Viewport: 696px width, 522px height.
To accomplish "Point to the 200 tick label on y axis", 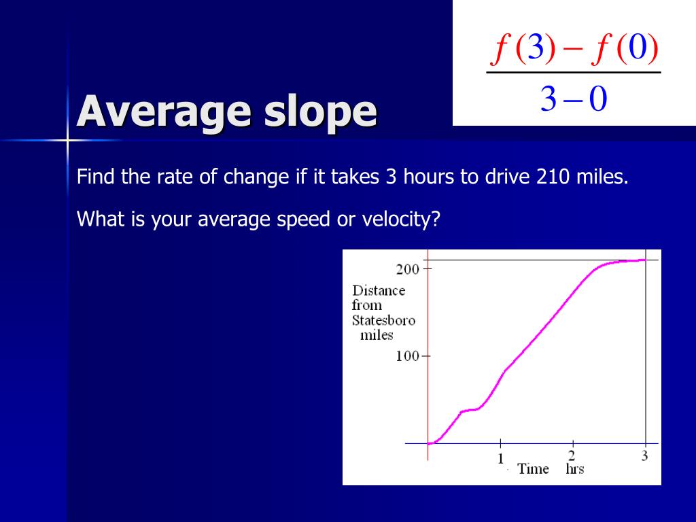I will point(408,269).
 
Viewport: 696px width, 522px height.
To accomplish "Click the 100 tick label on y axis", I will point(408,356).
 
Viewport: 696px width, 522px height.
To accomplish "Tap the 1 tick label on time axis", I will point(501,458).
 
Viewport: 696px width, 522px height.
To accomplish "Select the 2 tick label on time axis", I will point(572,456).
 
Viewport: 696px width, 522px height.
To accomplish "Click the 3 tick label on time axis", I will point(644,456).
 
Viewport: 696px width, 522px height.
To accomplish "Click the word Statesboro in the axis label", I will point(383,321).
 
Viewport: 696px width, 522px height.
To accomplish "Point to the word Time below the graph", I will point(533,469).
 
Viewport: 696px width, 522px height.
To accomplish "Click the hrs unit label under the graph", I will point(574,469).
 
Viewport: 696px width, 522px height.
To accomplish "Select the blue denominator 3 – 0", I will point(573,100).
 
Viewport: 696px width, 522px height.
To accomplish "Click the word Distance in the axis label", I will point(379,291).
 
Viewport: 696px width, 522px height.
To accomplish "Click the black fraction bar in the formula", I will point(574,73).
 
